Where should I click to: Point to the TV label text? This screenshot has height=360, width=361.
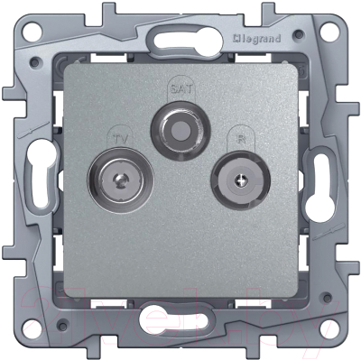coord(118,139)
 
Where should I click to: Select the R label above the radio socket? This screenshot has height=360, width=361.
coord(239,139)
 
